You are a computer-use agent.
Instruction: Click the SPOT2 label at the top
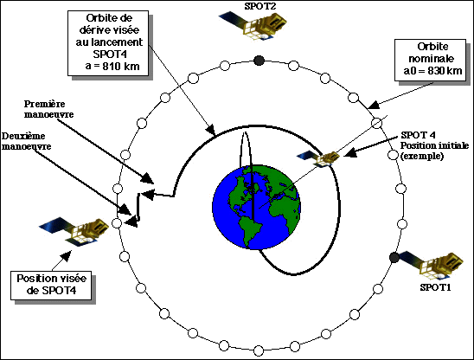[x=260, y=6]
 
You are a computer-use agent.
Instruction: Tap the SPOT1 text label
[x=435, y=287]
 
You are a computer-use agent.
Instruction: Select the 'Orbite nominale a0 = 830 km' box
[x=430, y=60]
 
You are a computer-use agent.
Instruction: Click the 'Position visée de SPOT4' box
[x=51, y=286]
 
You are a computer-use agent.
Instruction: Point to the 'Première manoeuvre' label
[x=48, y=109]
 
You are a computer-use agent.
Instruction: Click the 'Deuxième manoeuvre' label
[x=26, y=141]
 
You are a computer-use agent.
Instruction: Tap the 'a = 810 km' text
[x=112, y=67]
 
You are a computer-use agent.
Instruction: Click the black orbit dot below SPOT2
[x=259, y=61]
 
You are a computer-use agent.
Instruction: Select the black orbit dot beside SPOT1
[x=394, y=257]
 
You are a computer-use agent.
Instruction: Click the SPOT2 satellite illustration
[x=253, y=26]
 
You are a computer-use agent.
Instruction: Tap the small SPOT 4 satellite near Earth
[x=319, y=158]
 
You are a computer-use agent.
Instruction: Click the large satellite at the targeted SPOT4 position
[x=74, y=231]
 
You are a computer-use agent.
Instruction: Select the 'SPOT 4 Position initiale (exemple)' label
[x=434, y=145]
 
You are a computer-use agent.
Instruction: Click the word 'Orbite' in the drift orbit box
[x=109, y=18]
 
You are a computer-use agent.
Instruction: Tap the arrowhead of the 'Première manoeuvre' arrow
[x=148, y=178]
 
